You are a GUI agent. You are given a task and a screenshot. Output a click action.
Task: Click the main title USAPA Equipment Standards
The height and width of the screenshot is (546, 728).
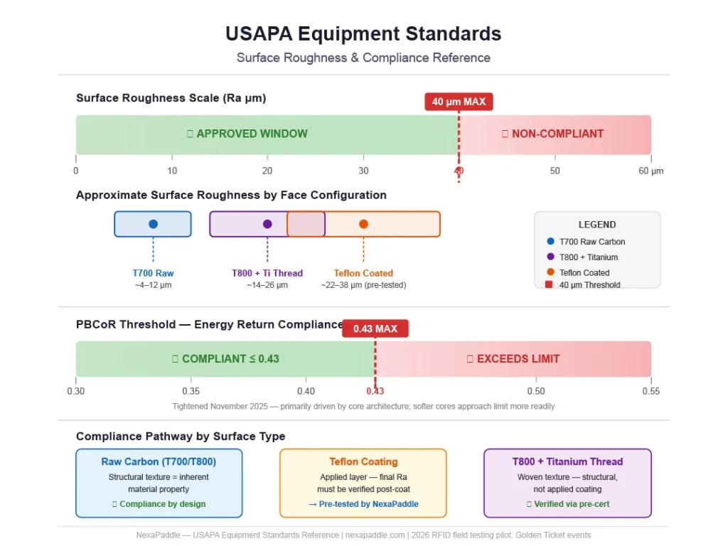click(363, 33)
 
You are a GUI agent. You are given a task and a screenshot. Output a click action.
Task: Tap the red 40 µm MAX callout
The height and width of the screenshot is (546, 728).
click(459, 102)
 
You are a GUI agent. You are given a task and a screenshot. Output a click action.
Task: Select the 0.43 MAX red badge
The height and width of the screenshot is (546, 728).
click(375, 329)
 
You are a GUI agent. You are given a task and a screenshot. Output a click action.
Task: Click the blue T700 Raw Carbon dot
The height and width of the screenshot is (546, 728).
click(153, 224)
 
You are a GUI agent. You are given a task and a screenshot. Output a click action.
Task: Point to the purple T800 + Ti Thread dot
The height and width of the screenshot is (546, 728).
click(267, 224)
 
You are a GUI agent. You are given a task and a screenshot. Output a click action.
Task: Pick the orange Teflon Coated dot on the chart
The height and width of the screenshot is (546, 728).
click(363, 224)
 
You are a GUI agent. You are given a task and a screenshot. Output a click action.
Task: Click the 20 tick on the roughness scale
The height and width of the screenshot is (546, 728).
click(267, 171)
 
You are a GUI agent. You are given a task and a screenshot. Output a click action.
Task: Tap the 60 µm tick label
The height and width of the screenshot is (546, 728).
click(651, 171)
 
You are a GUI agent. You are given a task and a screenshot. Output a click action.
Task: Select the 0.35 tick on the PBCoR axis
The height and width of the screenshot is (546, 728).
click(191, 391)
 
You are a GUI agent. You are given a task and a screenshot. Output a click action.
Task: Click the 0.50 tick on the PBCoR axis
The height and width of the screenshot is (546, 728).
click(535, 391)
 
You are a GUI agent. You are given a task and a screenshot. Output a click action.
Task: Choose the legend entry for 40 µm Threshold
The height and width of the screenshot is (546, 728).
click(589, 285)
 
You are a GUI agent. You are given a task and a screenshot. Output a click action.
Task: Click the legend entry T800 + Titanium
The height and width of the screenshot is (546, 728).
click(588, 257)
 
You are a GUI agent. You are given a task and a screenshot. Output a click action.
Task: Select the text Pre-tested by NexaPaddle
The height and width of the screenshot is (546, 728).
click(363, 504)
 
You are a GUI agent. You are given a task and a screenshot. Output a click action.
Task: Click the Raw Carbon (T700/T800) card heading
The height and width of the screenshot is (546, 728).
click(159, 461)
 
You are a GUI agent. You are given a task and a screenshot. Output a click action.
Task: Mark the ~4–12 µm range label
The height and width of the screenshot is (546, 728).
click(153, 285)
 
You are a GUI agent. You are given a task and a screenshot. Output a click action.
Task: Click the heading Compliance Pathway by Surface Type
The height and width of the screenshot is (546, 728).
click(181, 436)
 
